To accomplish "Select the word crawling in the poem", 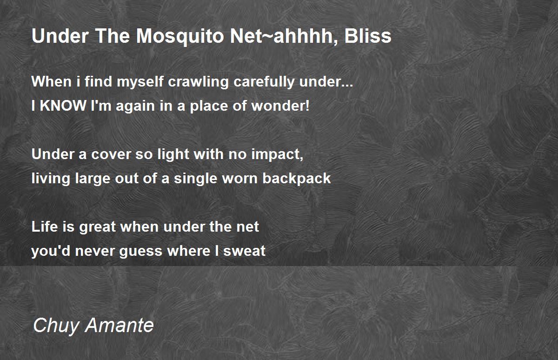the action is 198,82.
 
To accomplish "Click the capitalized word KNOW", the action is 63,106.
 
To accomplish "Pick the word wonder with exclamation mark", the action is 280,106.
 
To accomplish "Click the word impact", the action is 277,155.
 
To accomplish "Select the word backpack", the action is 297,179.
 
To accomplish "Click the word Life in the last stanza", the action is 45,227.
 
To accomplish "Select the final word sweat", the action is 245,251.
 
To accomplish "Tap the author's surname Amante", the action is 120,326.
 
